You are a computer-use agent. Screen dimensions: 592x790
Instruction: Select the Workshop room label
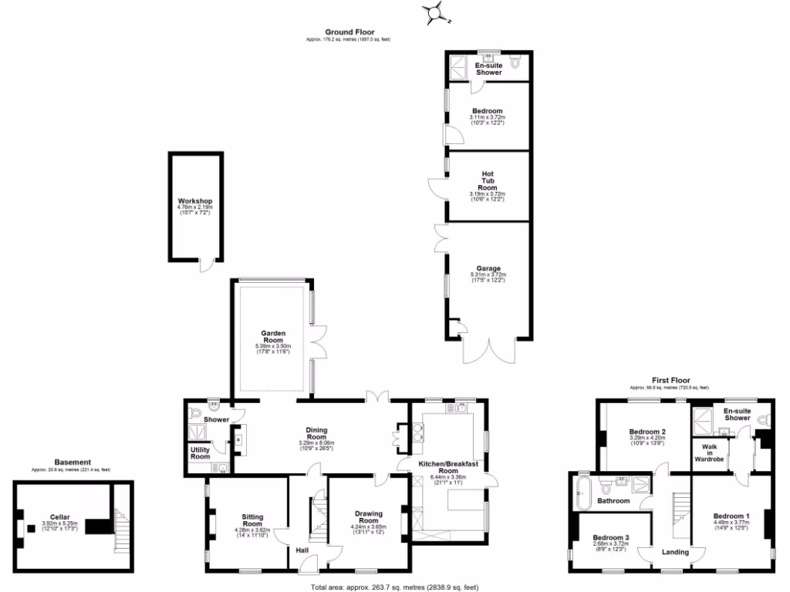pos(195,201)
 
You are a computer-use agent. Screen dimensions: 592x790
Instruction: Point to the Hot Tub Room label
pos(487,180)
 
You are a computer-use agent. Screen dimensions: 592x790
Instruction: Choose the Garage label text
pos(487,269)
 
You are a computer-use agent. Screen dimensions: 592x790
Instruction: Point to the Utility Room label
pos(200,453)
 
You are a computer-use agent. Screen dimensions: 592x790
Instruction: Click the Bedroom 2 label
pos(647,432)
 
